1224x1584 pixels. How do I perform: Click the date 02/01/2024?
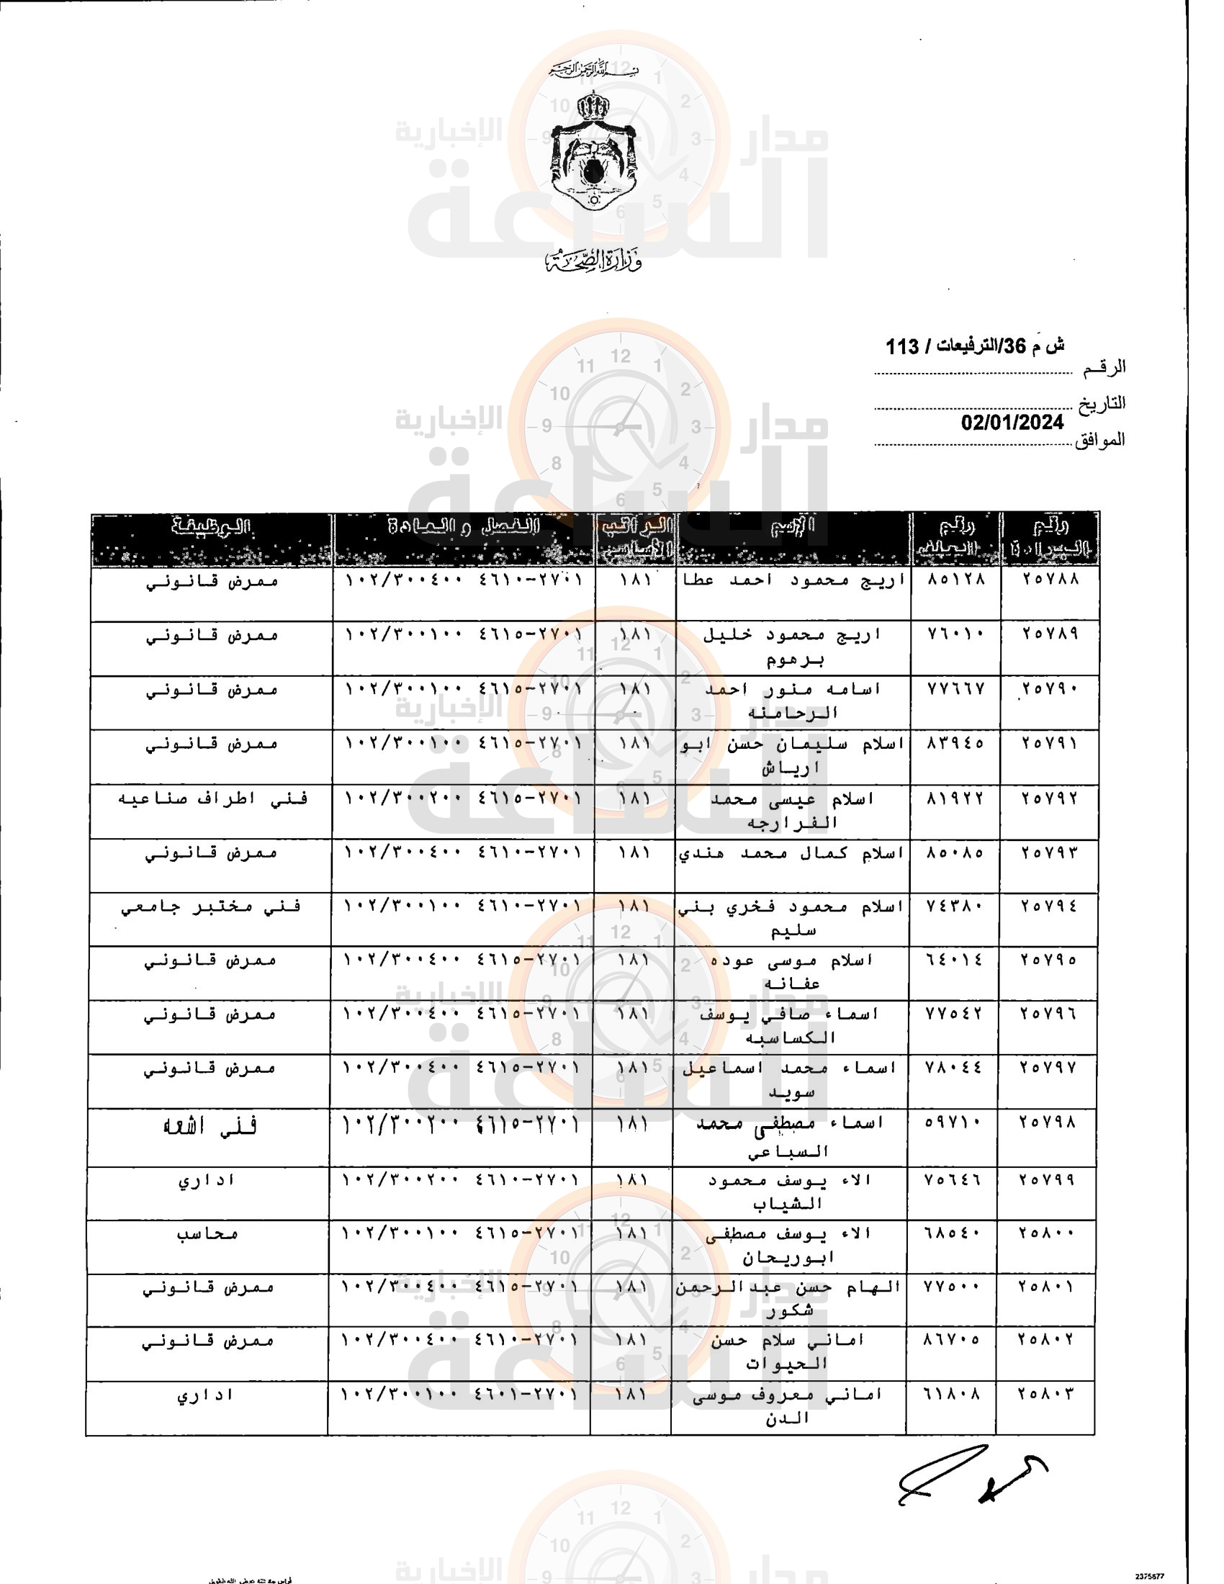click(x=1012, y=422)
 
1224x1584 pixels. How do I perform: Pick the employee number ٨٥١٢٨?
click(x=956, y=579)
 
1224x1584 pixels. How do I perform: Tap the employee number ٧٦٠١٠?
click(x=956, y=633)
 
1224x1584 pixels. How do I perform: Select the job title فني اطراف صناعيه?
click(x=212, y=798)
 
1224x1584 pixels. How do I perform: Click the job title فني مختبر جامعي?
click(x=210, y=906)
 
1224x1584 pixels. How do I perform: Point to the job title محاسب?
click(x=207, y=1233)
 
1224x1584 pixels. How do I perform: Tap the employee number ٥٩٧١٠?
click(x=953, y=1122)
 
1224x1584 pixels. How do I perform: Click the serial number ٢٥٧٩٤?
click(x=1048, y=906)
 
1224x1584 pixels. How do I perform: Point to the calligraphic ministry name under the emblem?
click(x=593, y=261)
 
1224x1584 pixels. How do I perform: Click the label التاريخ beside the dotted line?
click(x=1102, y=403)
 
